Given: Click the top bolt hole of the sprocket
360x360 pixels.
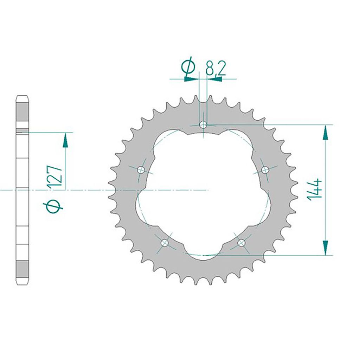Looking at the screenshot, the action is click(203, 125).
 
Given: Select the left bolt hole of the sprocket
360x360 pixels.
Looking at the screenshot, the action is click(141, 170).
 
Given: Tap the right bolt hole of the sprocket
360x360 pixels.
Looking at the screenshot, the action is click(265, 170).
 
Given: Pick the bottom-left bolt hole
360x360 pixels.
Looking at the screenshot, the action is click(165, 243).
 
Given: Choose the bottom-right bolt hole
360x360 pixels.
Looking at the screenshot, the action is click(241, 243).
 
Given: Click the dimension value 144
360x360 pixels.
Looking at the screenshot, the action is click(315, 190).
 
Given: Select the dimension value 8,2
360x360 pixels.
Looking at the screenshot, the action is click(216, 68).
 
